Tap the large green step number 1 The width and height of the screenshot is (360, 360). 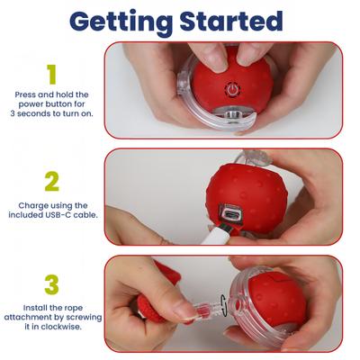(51, 74)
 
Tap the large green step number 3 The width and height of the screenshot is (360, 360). (51, 284)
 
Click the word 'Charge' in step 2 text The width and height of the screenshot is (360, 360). (32, 205)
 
